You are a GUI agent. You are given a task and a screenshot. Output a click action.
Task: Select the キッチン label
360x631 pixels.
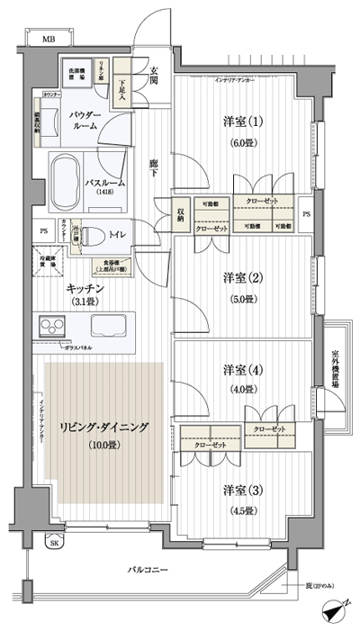point(86,287)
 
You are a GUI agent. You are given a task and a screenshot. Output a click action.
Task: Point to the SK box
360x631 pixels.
point(54,544)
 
